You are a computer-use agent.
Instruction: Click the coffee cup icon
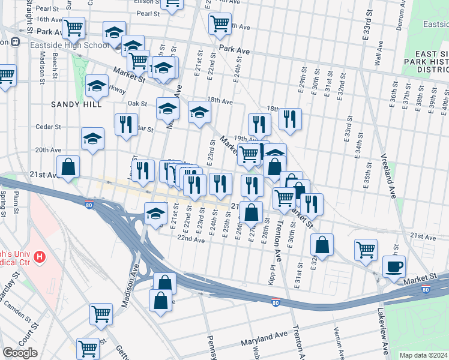[394, 266]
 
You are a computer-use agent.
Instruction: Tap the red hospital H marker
[40, 257]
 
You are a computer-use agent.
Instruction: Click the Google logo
[20, 353]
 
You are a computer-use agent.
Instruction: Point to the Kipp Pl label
[273, 274]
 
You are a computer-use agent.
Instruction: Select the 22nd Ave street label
[191, 239]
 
